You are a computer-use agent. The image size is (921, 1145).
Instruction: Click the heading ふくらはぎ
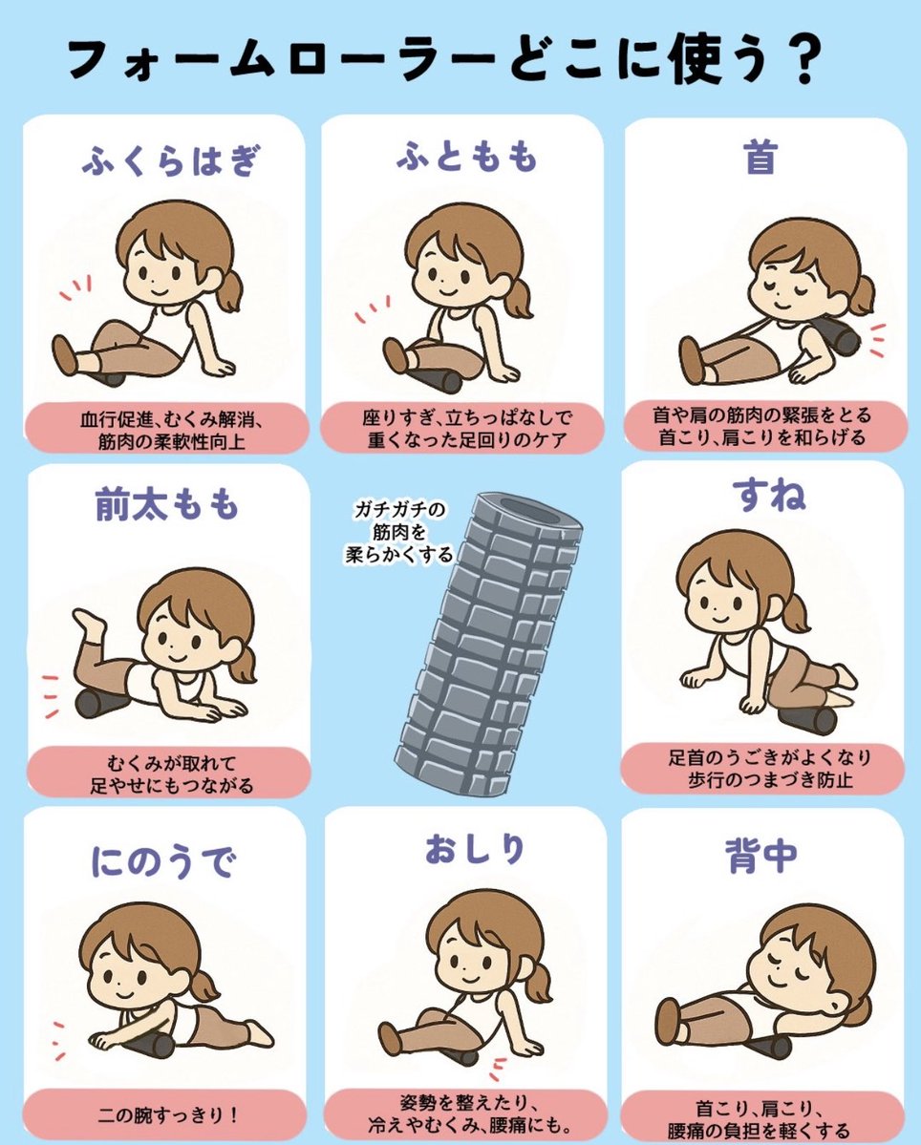point(169,160)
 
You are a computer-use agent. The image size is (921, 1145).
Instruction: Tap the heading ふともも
point(465,157)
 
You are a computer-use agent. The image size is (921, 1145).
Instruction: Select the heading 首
point(760,157)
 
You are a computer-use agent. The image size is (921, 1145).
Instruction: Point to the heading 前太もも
point(166,505)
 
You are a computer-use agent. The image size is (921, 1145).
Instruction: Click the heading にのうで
point(162,861)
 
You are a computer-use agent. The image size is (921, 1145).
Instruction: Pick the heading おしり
point(475,849)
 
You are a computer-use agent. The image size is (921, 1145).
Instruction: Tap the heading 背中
point(760,855)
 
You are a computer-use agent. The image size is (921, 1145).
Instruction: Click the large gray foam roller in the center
point(488,643)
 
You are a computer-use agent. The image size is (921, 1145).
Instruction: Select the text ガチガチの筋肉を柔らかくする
point(398,532)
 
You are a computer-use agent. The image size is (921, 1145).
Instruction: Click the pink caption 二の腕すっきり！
point(168,1115)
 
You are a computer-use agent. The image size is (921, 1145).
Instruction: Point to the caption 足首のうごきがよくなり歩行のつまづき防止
point(770,768)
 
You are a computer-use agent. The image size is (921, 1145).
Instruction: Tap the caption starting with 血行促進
point(172,431)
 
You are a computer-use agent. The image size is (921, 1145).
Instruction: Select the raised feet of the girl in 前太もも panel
point(89,622)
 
